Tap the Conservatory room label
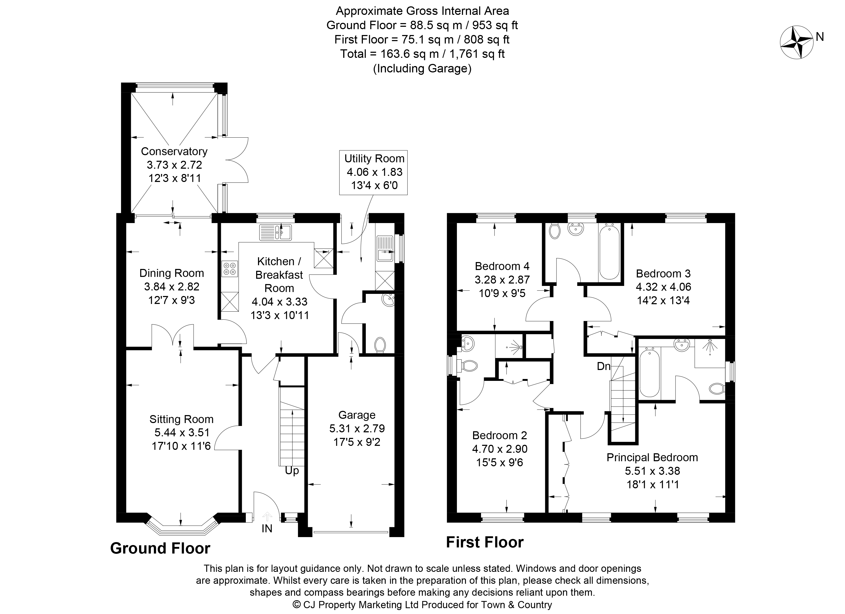click(174, 151)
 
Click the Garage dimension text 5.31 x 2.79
click(357, 429)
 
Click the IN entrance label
click(267, 528)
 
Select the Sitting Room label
click(181, 419)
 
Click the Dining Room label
click(172, 273)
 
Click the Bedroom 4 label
click(502, 266)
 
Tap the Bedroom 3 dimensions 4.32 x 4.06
click(663, 287)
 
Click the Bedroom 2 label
click(500, 435)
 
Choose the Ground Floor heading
click(160, 548)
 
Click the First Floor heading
click(485, 542)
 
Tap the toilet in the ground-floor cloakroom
click(380, 344)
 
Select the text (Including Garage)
click(422, 69)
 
